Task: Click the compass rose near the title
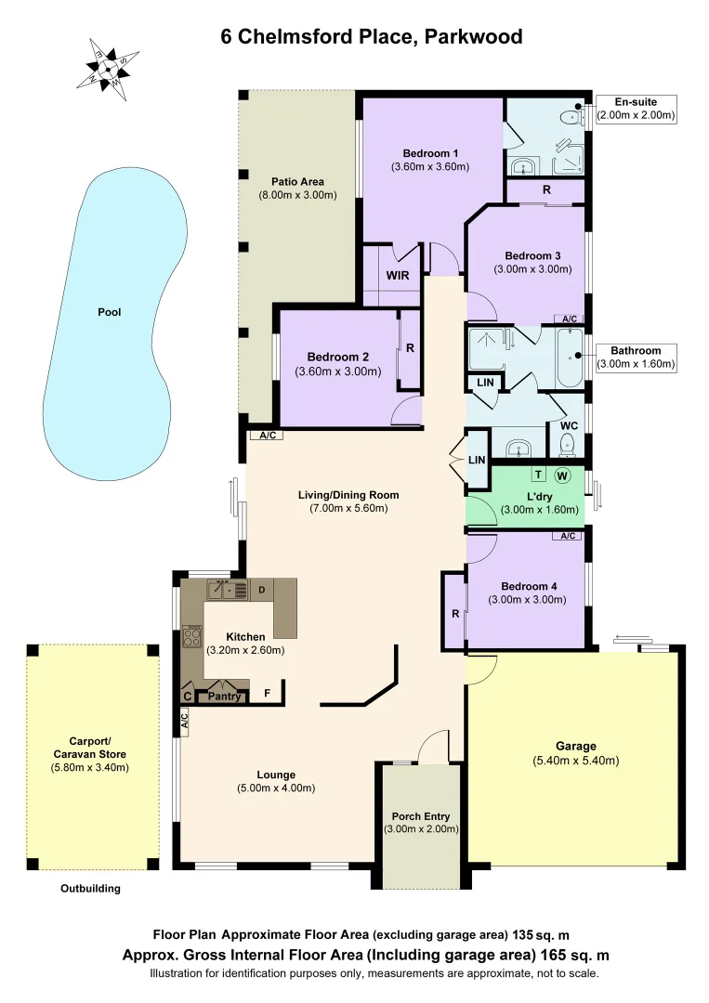(110, 68)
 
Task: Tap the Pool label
(110, 312)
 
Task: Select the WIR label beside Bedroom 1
(398, 276)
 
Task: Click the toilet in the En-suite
(569, 115)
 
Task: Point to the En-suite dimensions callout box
(636, 109)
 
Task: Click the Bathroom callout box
(636, 358)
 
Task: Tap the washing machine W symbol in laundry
(561, 475)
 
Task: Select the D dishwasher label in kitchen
(262, 590)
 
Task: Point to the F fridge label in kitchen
(268, 693)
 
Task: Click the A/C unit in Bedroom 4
(567, 536)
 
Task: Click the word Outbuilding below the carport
(90, 889)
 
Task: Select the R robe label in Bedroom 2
(410, 350)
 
